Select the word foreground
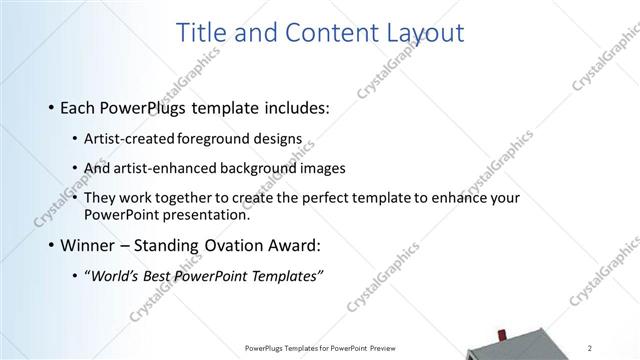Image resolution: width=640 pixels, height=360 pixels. [212, 139]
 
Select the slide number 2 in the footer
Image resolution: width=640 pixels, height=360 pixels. [589, 348]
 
